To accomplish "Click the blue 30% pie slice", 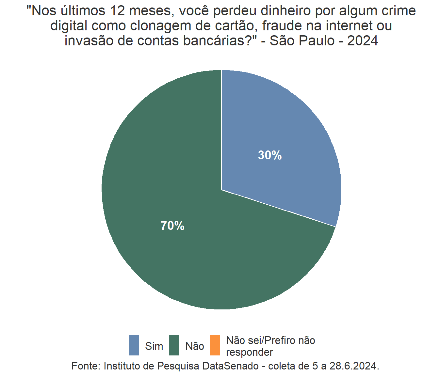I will click(287, 131).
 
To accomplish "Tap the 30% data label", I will click(270, 155).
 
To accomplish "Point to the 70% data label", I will click(172, 226).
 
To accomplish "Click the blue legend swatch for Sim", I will click(134, 345).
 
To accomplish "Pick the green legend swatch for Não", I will click(174, 345).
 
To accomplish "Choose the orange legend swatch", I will click(215, 345).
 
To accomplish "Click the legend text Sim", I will click(154, 346).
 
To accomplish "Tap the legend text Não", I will click(195, 346).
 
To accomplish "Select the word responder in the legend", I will click(250, 352).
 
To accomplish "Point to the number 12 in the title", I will click(118, 11).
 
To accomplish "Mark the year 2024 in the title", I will click(363, 41).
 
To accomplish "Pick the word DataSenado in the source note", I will click(231, 366).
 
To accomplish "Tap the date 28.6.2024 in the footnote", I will click(354, 366).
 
